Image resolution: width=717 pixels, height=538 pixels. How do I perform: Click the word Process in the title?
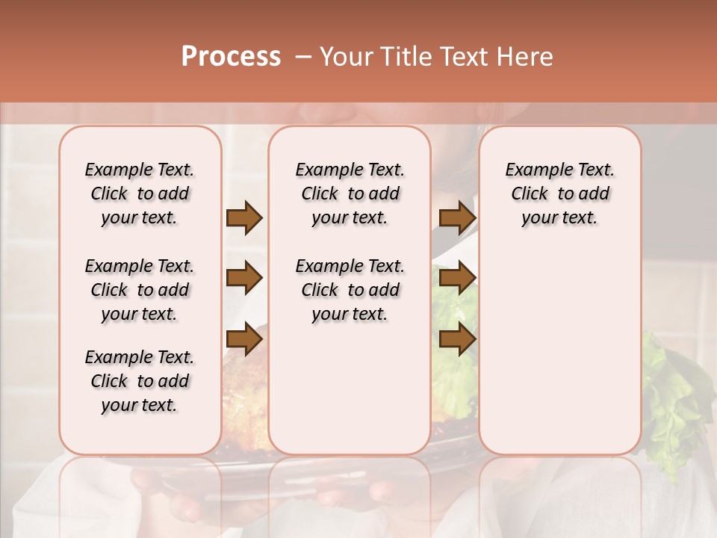pos(231,57)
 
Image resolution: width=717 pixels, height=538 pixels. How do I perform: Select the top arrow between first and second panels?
pos(244,217)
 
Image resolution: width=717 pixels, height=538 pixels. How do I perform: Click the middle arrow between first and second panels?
pos(244,278)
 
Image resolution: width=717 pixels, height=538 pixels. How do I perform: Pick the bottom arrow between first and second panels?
pos(244,339)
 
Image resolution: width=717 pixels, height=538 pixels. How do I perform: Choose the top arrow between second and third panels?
pos(457,217)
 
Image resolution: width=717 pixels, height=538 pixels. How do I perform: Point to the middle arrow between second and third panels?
pos(457,278)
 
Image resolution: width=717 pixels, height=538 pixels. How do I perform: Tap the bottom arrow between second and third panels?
pos(457,339)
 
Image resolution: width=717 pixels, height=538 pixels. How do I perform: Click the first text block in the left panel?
pos(140,194)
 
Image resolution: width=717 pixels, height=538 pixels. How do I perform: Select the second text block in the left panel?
pos(140,290)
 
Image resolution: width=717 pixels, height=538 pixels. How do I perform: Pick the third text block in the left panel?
pos(140,381)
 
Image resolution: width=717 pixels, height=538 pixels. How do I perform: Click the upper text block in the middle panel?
pos(350,194)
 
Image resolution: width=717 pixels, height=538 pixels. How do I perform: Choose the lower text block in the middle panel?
pos(350,290)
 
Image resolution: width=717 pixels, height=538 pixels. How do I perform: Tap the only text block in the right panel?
pos(559,194)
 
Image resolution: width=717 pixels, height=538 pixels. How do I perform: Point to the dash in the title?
pos(303,57)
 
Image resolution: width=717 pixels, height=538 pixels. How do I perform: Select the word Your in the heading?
pos(345,57)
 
